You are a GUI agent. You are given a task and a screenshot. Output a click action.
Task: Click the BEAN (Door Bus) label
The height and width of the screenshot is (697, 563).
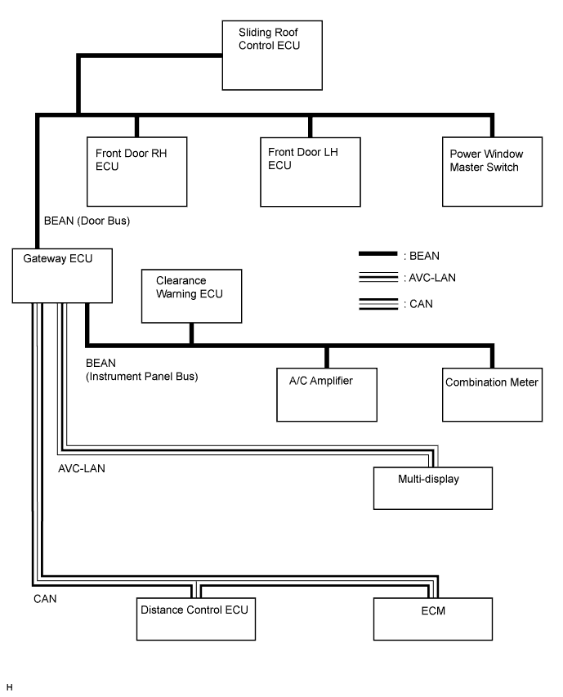point(87,221)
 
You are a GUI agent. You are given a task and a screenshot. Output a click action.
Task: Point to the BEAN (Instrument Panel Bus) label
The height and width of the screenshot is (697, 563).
point(141,370)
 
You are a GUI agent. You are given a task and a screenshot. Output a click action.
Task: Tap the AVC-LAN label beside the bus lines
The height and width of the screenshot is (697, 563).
point(82,468)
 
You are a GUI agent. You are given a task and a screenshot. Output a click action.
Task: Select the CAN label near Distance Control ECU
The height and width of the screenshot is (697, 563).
point(45,599)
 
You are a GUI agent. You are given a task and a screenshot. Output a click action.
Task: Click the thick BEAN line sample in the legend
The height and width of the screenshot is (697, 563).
point(378,254)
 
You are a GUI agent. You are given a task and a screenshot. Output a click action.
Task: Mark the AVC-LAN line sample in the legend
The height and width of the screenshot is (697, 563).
point(378,277)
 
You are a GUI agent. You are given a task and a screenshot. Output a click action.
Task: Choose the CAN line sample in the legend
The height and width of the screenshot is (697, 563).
point(378,304)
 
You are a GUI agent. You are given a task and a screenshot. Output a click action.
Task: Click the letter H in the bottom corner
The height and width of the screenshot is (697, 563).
point(9,688)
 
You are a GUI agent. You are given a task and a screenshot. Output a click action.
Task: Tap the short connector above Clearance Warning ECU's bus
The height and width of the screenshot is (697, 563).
point(191,333)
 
